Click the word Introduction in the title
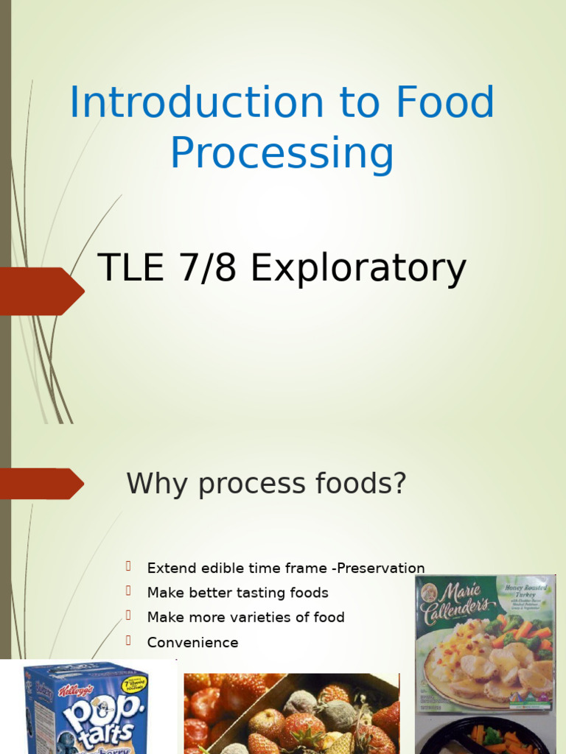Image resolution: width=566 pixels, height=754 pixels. pyautogui.click(x=196, y=102)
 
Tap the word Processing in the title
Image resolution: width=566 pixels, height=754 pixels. pyautogui.click(x=282, y=154)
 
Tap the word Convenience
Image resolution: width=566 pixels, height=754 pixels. pyautogui.click(x=192, y=642)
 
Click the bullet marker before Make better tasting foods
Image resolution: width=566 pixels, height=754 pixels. pyautogui.click(x=128, y=591)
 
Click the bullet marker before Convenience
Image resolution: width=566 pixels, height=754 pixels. pyautogui.click(x=128, y=640)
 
